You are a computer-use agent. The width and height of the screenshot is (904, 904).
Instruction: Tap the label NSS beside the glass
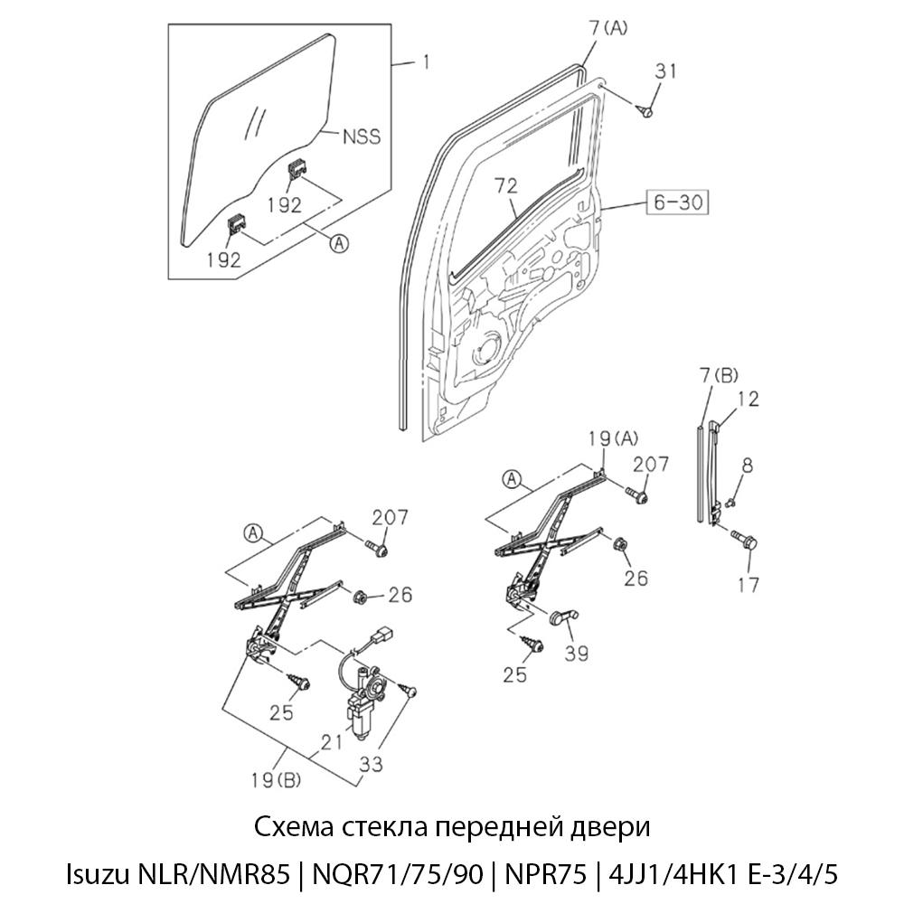[362, 137]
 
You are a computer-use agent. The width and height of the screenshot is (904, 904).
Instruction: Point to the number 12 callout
[748, 398]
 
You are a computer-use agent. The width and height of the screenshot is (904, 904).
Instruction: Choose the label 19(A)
[615, 440]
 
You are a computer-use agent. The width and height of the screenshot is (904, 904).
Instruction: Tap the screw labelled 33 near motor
[410, 691]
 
